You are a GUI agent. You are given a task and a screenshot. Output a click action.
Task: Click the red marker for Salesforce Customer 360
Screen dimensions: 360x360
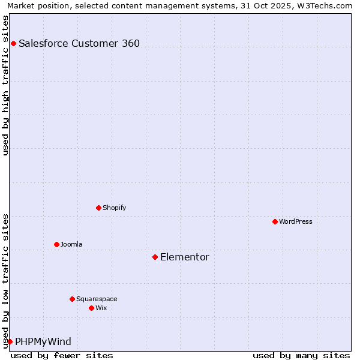(13, 43)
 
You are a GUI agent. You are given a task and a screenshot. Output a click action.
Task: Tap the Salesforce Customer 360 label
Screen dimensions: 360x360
(79, 43)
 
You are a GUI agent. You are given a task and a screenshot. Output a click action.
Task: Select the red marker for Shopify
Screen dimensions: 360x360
(98, 208)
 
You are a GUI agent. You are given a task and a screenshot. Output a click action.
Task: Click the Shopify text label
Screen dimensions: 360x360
(114, 208)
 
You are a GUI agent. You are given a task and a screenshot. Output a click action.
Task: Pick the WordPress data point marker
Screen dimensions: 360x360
(275, 221)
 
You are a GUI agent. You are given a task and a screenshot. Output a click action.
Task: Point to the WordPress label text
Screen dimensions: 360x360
(296, 221)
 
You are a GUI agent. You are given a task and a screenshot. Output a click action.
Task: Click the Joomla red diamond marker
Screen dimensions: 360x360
(56, 244)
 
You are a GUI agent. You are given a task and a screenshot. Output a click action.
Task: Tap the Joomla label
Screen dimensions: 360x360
(71, 244)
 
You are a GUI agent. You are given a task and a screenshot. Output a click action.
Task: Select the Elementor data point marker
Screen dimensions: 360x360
(155, 257)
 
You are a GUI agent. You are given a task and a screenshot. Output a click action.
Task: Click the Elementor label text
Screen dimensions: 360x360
(185, 257)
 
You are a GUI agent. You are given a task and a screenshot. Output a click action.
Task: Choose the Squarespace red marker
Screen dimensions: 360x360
(72, 299)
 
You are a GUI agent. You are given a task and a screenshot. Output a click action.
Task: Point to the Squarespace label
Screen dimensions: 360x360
(97, 299)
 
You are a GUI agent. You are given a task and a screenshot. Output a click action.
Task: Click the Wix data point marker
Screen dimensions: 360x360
(91, 308)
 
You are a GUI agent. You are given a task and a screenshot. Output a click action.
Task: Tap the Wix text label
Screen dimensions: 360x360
(101, 308)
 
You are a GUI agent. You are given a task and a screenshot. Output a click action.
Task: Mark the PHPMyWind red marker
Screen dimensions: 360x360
(10, 341)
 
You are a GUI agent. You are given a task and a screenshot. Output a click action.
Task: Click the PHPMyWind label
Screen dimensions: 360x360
(43, 341)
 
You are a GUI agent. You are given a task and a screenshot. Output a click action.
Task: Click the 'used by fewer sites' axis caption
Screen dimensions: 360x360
(62, 355)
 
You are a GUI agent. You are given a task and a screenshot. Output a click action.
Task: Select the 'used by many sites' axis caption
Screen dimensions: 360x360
(301, 355)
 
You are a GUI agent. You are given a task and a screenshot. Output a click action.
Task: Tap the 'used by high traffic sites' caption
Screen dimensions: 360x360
(5, 85)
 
